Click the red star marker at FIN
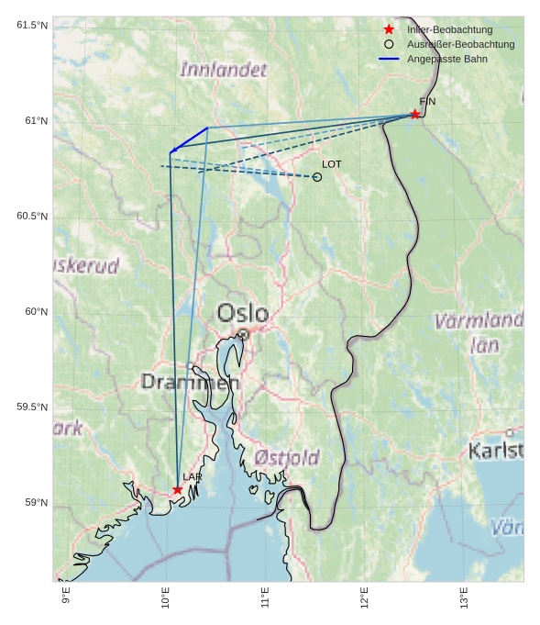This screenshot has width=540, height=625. click(414, 114)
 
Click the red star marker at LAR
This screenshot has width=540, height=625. click(177, 489)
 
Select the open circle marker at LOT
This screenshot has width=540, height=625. click(317, 177)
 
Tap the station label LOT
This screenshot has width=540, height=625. click(332, 164)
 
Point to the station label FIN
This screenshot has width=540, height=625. click(427, 101)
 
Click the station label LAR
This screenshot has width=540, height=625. click(192, 477)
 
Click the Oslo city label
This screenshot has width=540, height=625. click(243, 314)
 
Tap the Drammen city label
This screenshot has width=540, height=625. click(190, 382)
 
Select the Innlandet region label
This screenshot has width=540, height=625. click(224, 70)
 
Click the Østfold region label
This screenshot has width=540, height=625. click(287, 457)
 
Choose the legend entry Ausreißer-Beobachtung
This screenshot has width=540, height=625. click(460, 44)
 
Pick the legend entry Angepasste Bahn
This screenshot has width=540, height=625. click(447, 59)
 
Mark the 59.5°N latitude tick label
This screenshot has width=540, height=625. click(32, 407)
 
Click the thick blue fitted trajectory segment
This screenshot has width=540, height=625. click(189, 140)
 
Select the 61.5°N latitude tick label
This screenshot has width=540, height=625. click(32, 25)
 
